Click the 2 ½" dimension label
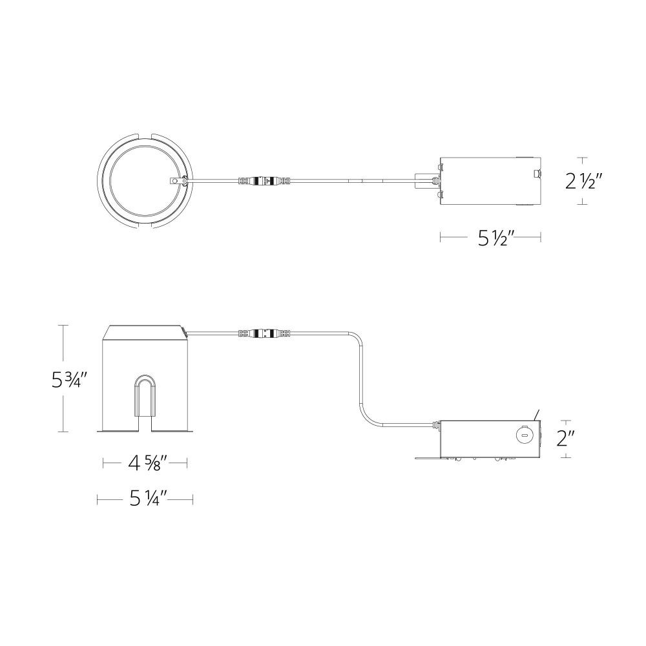tap(585, 181)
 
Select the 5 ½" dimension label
tap(496, 238)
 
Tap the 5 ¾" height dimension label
tap(70, 380)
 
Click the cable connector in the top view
tap(264, 180)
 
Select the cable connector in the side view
tap(264, 332)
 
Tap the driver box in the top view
tap(490, 181)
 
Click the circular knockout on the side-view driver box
tap(524, 434)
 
